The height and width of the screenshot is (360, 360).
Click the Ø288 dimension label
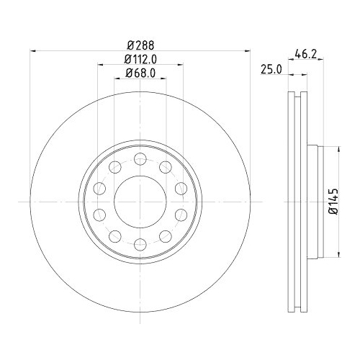[140, 45]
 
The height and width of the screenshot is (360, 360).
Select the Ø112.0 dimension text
[140, 59]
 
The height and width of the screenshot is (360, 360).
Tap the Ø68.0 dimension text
[140, 73]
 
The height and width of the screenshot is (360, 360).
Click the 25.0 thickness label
[271, 70]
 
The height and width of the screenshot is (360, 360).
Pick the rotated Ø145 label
[333, 201]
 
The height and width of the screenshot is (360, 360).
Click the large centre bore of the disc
[140, 202]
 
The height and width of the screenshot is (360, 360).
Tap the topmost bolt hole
[140, 159]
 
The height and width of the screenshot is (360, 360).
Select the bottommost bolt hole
[140, 244]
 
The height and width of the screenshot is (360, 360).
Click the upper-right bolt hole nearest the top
[166, 167]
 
